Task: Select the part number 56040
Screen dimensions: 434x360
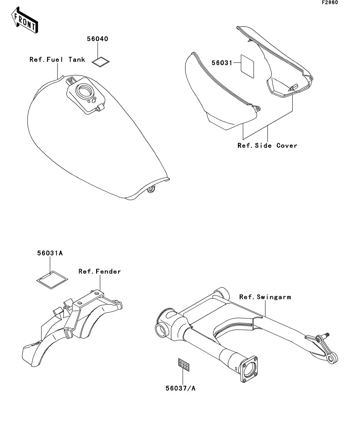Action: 97,39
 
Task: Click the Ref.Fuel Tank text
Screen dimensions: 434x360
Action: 57,60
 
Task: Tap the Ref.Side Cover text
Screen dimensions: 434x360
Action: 267,146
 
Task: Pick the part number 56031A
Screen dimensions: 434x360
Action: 50,253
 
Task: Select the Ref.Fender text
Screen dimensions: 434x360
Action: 99,271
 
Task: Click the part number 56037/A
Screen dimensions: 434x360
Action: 180,388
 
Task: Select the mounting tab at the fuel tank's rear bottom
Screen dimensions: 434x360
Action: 150,190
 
